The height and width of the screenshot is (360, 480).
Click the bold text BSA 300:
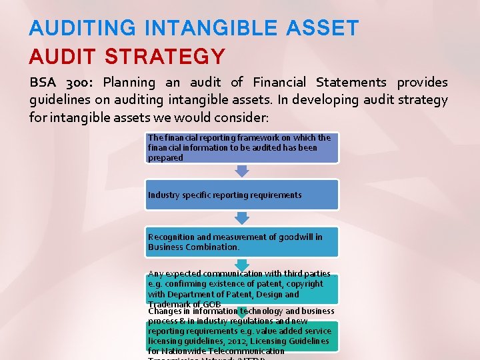[63, 83]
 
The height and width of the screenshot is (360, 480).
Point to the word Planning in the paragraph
[129, 83]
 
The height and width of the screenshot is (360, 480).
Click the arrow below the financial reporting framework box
[242, 171]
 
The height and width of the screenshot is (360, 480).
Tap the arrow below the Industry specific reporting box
[242, 218]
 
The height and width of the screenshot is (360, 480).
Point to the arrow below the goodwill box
[242, 265]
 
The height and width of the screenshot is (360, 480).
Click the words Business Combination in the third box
[193, 247]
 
